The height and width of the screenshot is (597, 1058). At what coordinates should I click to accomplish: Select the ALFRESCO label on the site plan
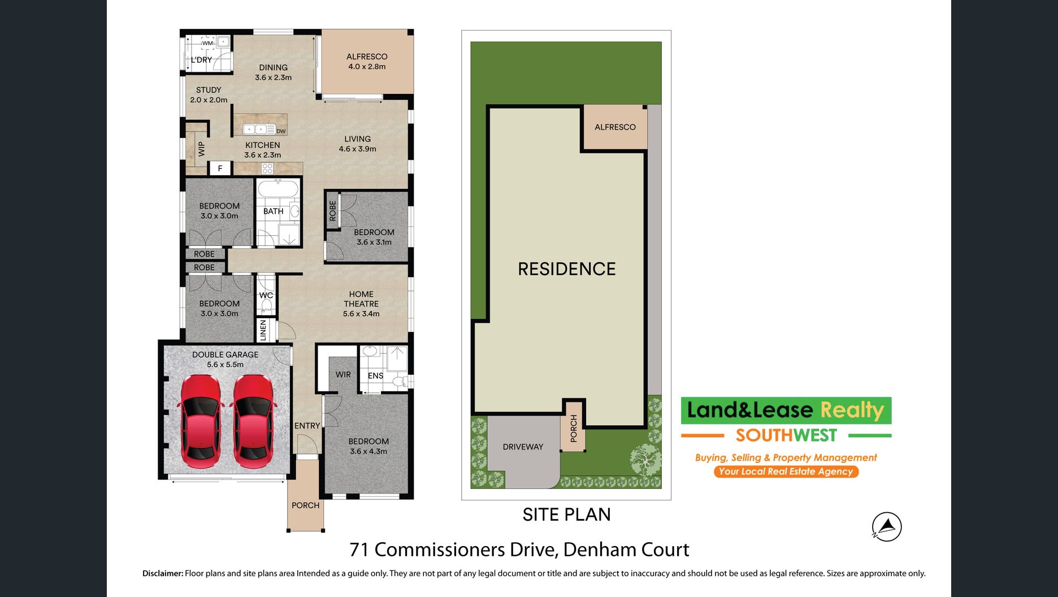click(x=615, y=127)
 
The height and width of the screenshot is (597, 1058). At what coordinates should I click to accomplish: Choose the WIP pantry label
click(x=201, y=149)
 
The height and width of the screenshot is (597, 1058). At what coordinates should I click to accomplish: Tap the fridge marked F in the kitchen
click(x=220, y=168)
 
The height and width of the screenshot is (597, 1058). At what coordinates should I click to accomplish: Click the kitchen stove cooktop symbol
click(x=267, y=168)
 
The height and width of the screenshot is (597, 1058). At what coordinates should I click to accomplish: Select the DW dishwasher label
click(x=281, y=131)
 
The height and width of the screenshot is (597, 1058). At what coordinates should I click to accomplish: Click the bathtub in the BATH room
click(x=278, y=189)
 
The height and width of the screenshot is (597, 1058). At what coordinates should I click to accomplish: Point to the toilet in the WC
click(x=266, y=305)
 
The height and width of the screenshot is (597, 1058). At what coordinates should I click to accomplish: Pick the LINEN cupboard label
click(x=263, y=331)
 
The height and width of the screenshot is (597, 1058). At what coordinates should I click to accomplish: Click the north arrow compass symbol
click(x=887, y=527)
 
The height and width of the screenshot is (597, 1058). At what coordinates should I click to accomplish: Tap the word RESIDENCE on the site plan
click(x=567, y=269)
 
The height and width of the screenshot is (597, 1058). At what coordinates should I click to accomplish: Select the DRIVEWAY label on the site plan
click(x=523, y=447)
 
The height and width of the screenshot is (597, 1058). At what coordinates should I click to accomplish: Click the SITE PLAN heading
click(x=566, y=514)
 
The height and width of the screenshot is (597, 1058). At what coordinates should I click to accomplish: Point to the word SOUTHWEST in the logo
click(x=786, y=435)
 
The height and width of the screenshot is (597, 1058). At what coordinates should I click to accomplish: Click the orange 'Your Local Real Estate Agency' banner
click(x=786, y=471)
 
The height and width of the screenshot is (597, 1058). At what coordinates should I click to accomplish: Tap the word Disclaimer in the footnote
click(x=163, y=573)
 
